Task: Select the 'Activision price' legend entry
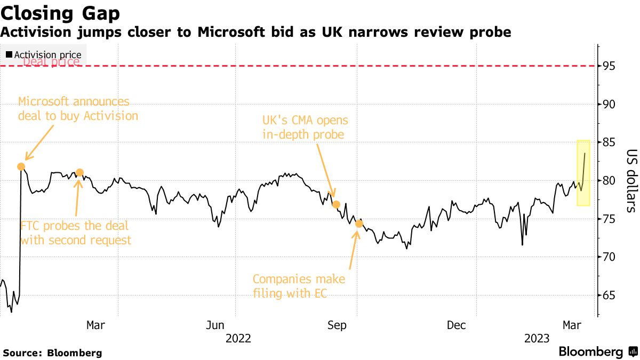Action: pyautogui.click(x=44, y=55)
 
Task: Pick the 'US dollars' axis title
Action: pyautogui.click(x=630, y=180)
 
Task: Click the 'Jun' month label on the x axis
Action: pyautogui.click(x=214, y=325)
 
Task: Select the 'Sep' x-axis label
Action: pyautogui.click(x=338, y=325)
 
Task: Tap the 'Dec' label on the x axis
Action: pyautogui.click(x=457, y=325)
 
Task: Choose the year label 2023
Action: pyautogui.click(x=537, y=338)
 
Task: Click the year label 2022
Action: pyautogui.click(x=238, y=338)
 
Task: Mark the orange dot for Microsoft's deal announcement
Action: pyautogui.click(x=21, y=166)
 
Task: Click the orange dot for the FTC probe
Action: pyautogui.click(x=79, y=172)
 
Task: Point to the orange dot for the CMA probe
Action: pyautogui.click(x=336, y=204)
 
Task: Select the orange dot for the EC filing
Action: pyautogui.click(x=359, y=223)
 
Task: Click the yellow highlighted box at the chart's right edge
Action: pyautogui.click(x=583, y=173)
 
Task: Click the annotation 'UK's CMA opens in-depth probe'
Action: pyautogui.click(x=303, y=127)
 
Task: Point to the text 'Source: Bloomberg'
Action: pyautogui.click(x=52, y=353)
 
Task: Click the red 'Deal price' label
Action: pyautogui.click(x=51, y=62)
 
